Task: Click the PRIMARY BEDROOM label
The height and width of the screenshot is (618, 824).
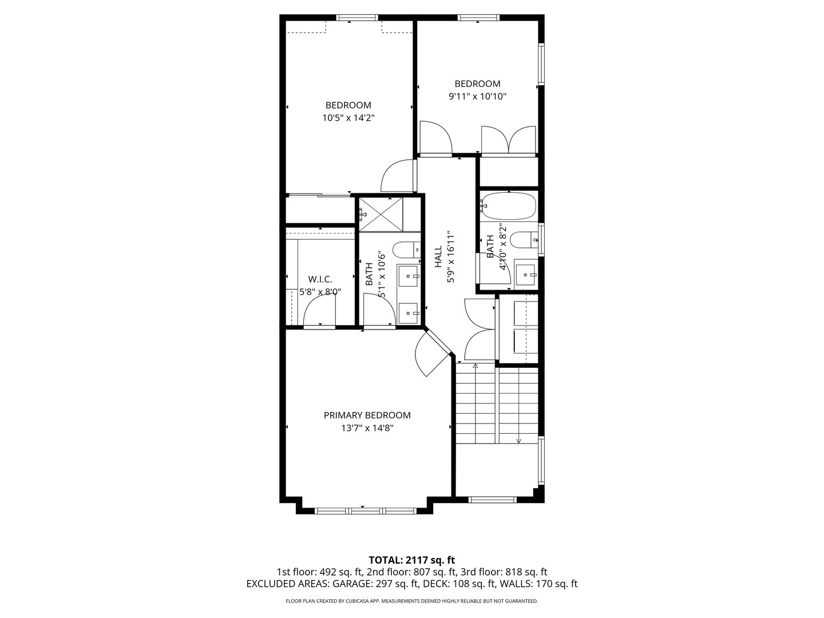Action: click(367, 415)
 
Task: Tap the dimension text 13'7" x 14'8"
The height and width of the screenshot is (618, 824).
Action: click(367, 428)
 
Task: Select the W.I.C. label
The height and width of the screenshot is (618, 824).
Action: click(320, 279)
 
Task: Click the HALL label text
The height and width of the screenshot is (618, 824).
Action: click(438, 257)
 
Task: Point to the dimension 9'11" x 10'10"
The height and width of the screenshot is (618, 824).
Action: click(477, 97)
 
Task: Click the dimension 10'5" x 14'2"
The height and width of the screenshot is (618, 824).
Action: click(348, 118)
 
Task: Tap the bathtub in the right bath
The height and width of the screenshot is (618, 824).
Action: click(509, 206)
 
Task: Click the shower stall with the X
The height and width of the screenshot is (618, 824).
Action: click(381, 213)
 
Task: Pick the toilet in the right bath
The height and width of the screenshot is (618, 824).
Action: click(523, 240)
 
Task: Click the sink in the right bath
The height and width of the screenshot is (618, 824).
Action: click(525, 275)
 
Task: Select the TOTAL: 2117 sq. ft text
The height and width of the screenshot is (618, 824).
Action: click(411, 560)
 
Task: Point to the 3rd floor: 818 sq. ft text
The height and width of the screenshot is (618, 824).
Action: click(504, 572)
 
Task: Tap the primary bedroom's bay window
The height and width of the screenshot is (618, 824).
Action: click(363, 509)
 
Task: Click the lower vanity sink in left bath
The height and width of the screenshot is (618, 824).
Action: click(409, 312)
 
